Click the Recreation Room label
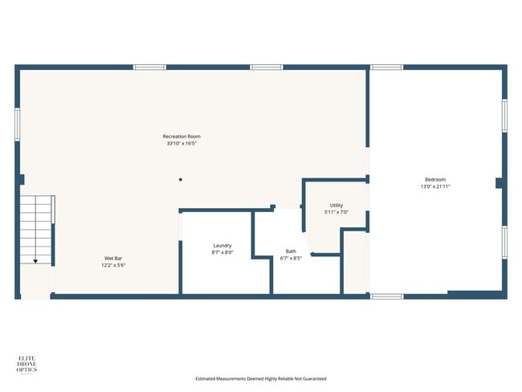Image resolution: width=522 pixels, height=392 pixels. [181, 137]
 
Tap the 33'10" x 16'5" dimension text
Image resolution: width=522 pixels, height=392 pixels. [181, 145]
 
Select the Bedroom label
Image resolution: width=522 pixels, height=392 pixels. [434, 179]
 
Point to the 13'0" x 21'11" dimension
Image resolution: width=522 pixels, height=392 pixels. [434, 186]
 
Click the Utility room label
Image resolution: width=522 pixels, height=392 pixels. [336, 206]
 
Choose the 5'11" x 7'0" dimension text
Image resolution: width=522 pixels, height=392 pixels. [336, 213]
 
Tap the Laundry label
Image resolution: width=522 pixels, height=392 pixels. [222, 245]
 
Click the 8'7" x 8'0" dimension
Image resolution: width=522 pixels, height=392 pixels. [222, 252]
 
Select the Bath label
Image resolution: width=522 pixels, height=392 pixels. [290, 251]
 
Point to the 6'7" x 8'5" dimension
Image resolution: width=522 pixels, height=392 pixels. [290, 258]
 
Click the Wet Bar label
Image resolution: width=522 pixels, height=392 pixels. [113, 258]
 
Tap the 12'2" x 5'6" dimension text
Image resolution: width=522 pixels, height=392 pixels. [113, 265]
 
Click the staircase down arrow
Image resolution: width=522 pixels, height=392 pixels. [35, 260]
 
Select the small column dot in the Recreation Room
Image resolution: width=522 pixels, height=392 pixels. [181, 179]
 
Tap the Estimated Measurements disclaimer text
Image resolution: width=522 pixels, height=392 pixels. [261, 378]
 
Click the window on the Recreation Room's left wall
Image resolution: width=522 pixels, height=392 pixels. [18, 125]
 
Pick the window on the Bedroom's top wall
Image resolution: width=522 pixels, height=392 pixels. [386, 67]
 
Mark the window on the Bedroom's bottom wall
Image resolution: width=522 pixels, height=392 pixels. [386, 296]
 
